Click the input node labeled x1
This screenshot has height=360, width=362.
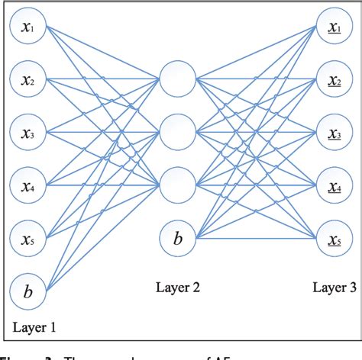tap(28, 28)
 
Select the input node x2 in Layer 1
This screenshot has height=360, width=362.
tap(28, 79)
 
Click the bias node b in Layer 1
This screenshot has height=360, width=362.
tap(28, 291)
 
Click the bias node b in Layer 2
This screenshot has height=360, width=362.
tap(177, 239)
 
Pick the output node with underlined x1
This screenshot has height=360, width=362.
tap(334, 28)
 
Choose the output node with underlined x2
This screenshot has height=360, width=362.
tap(334, 79)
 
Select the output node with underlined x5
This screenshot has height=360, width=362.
tap(334, 239)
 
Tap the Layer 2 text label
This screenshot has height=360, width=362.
tap(178, 288)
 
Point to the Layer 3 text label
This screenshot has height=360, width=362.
tap(334, 288)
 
